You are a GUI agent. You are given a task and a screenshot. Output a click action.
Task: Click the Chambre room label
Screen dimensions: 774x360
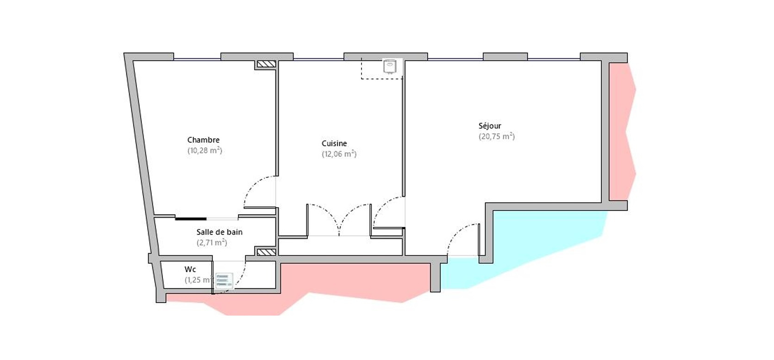click(x=203, y=140)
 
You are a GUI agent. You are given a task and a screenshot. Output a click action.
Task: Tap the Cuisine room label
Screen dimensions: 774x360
click(x=334, y=143)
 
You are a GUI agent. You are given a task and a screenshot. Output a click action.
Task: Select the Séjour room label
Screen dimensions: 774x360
click(x=490, y=126)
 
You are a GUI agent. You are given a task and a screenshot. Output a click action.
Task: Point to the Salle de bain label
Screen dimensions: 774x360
click(x=219, y=232)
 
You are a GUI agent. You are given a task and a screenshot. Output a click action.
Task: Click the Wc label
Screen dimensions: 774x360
click(x=190, y=269)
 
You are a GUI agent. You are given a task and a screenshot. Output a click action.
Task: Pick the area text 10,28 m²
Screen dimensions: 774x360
click(x=205, y=151)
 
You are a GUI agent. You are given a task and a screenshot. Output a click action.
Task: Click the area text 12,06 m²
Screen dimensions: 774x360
click(x=339, y=154)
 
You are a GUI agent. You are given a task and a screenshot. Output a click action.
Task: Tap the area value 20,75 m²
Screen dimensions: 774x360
click(x=497, y=137)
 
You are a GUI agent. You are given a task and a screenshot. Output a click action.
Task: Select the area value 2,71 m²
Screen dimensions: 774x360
click(x=212, y=242)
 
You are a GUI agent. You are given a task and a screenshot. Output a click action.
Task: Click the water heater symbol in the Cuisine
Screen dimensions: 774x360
click(x=390, y=67)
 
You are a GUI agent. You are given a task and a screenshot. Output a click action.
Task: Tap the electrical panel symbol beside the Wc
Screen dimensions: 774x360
click(x=224, y=280)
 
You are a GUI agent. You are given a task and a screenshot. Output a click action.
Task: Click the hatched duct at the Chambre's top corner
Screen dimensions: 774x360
click(x=266, y=64)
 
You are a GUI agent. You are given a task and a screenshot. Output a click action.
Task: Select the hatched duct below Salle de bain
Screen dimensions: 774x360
click(x=266, y=252)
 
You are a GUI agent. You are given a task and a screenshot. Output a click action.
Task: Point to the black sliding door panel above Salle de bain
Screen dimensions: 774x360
click(x=191, y=219)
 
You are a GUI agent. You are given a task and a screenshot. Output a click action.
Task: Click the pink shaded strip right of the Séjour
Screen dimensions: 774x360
click(x=622, y=131)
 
